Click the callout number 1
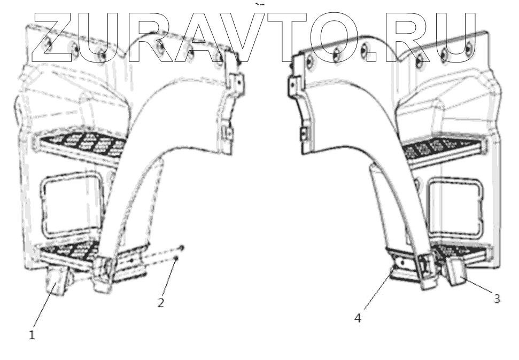click(x=32, y=335)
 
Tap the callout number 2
click(x=160, y=303)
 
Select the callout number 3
click(x=497, y=299)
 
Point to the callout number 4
click(x=358, y=319)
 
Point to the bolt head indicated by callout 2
click(x=176, y=259)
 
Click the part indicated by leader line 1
click(x=57, y=281)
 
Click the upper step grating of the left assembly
click(x=80, y=143)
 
